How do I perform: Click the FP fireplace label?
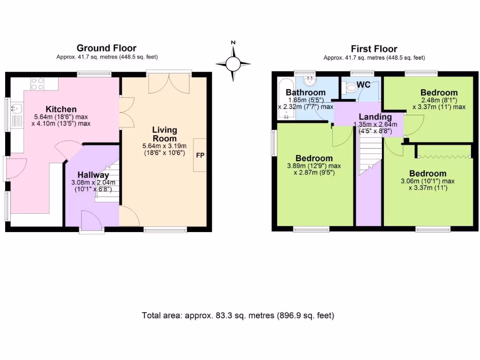click(200, 155)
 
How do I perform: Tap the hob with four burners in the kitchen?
click(37, 84)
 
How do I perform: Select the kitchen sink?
click(16, 108)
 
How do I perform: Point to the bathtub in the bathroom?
click(286, 98)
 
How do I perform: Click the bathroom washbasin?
click(310, 81)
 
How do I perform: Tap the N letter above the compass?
click(233, 43)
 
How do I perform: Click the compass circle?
click(233, 64)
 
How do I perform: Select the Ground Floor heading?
click(106, 48)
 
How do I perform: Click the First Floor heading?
click(374, 49)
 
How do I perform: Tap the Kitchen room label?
click(61, 109)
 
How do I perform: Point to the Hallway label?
click(93, 175)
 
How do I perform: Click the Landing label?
click(375, 117)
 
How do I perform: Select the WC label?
click(364, 84)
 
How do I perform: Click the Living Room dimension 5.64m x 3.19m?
click(165, 146)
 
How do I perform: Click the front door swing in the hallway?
click(91, 220)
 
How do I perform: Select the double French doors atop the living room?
click(169, 83)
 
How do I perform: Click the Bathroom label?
click(306, 92)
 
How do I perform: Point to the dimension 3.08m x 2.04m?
click(93, 182)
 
